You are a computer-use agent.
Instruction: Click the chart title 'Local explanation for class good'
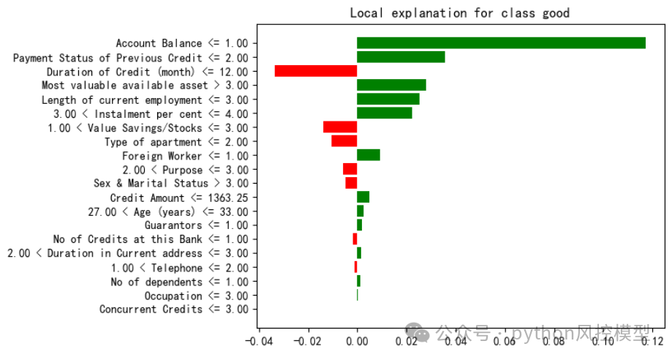(459, 13)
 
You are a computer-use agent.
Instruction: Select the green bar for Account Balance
(501, 43)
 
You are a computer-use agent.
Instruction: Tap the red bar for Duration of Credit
(316, 71)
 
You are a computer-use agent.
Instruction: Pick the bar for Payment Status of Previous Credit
(401, 57)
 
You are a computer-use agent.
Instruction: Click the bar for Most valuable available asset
(391, 85)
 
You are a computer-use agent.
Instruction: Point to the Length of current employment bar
(388, 99)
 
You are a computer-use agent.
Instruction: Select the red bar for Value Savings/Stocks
(340, 127)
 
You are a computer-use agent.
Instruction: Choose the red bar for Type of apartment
(344, 141)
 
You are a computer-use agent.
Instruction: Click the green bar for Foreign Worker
(369, 155)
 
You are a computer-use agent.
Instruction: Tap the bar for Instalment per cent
(385, 113)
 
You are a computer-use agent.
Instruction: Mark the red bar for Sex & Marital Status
(351, 183)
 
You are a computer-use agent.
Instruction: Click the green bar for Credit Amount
(363, 197)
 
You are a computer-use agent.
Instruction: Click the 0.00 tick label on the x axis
(357, 340)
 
